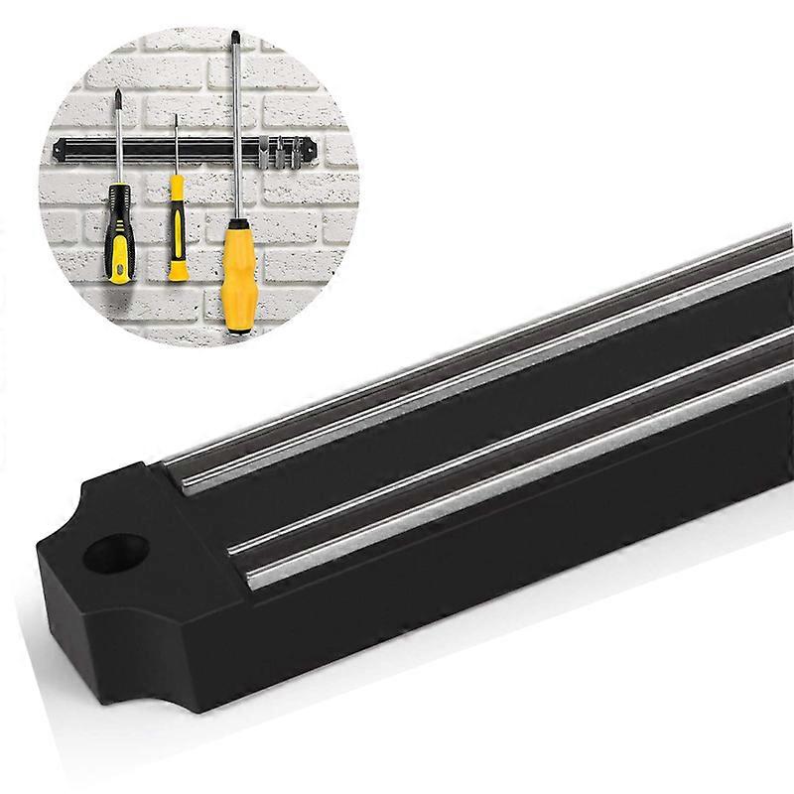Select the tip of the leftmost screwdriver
tap(118, 96)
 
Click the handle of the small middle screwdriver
tap(177, 225)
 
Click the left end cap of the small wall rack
tap(60, 148)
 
